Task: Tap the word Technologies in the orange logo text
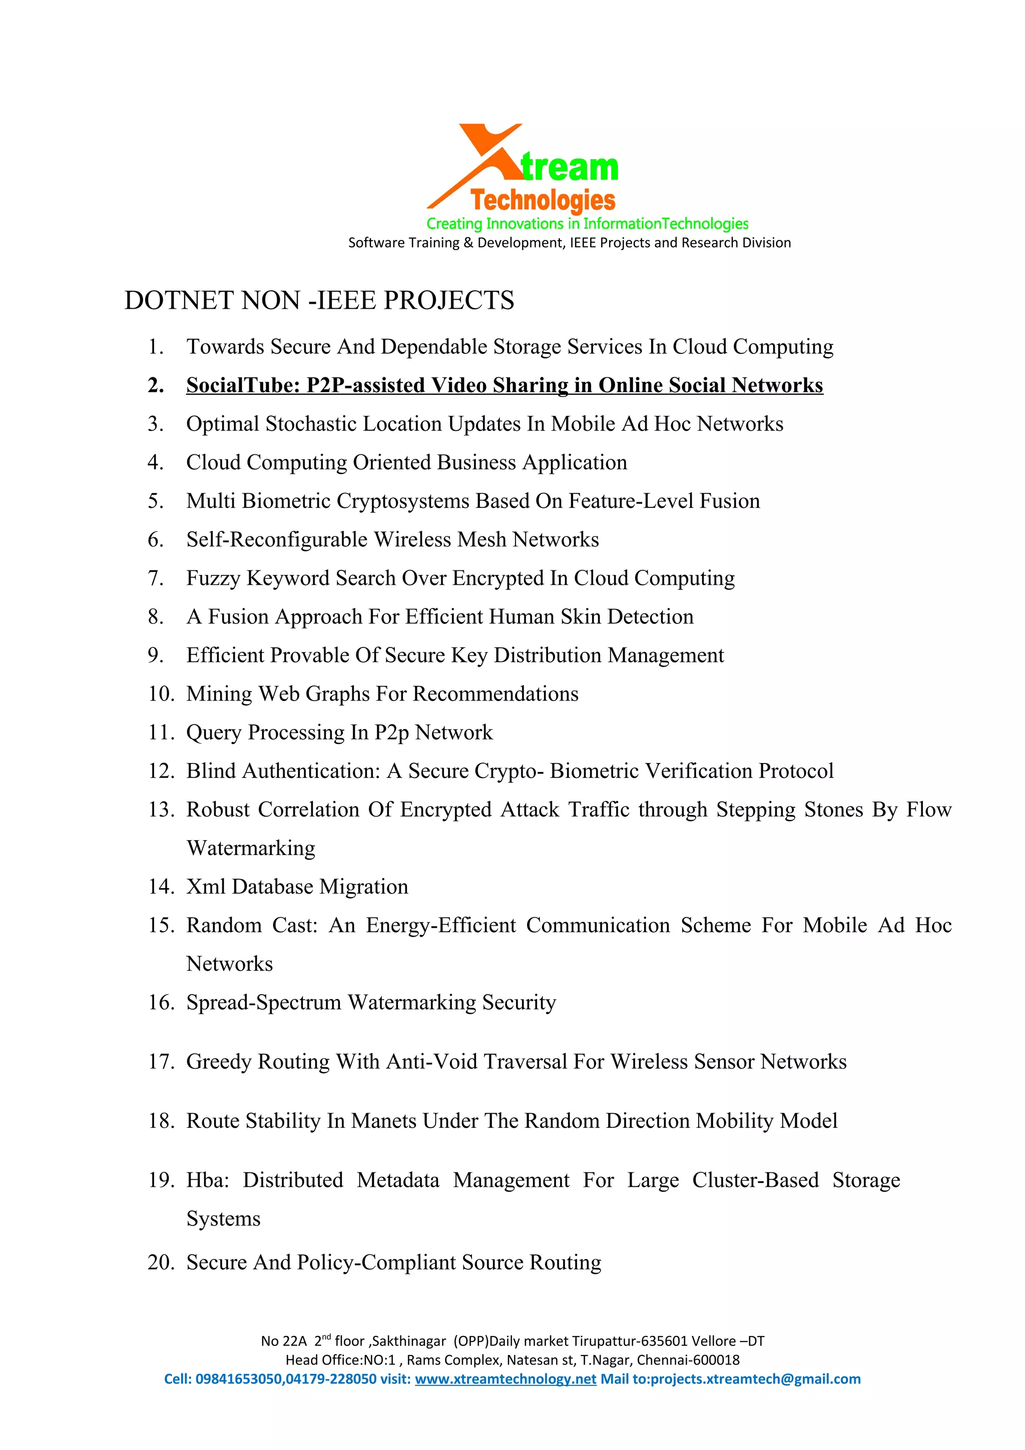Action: point(543,200)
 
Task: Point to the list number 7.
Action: point(155,578)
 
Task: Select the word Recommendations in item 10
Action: point(495,694)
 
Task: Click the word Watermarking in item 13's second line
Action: point(251,848)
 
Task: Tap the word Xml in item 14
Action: point(206,887)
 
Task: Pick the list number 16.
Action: point(161,1002)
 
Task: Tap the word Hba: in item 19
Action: point(207,1180)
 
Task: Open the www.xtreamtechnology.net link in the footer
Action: point(505,1379)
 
